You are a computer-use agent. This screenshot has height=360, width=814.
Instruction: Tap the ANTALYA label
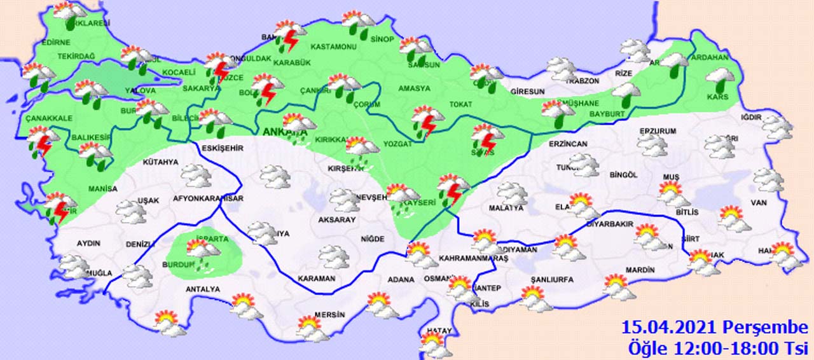point(203,289)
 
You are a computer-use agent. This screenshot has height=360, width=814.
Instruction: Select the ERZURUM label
point(656,131)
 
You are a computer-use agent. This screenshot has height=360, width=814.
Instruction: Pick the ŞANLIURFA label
point(552,279)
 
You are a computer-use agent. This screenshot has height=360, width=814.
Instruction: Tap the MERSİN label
point(329,315)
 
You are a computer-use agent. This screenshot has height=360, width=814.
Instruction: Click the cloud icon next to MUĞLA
point(75,267)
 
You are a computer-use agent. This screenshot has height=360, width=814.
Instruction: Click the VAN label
point(773,202)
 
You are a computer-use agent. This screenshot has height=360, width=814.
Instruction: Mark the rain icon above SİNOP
point(359,23)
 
